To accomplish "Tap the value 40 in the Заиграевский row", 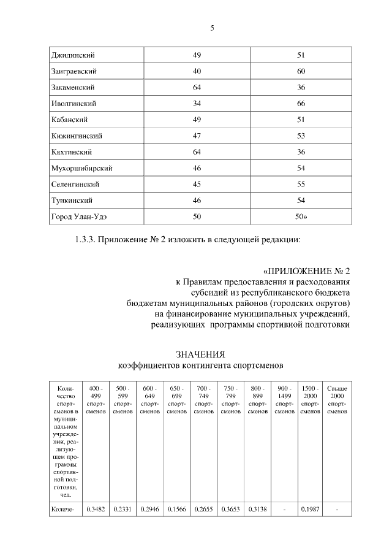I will [197, 72].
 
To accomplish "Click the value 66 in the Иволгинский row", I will [301, 104].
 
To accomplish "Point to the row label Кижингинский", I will [77, 136].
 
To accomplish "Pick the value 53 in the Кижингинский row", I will [301, 136].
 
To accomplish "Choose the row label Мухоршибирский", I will [81, 167].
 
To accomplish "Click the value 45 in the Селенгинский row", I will [197, 184].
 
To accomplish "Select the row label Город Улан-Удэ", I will [83, 216].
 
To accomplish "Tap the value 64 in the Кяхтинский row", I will [197, 151].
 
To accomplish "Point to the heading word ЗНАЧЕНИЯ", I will [200, 354].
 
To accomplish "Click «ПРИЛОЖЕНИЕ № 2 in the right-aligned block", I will [307, 270].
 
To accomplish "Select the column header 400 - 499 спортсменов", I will [96, 400].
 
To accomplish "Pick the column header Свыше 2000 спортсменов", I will [337, 400].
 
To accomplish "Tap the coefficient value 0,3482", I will [96, 509].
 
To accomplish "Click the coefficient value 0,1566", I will [176, 509].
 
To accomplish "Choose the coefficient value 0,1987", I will [311, 509].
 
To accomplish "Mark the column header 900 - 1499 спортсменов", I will [284, 400].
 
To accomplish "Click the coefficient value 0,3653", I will [230, 509].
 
